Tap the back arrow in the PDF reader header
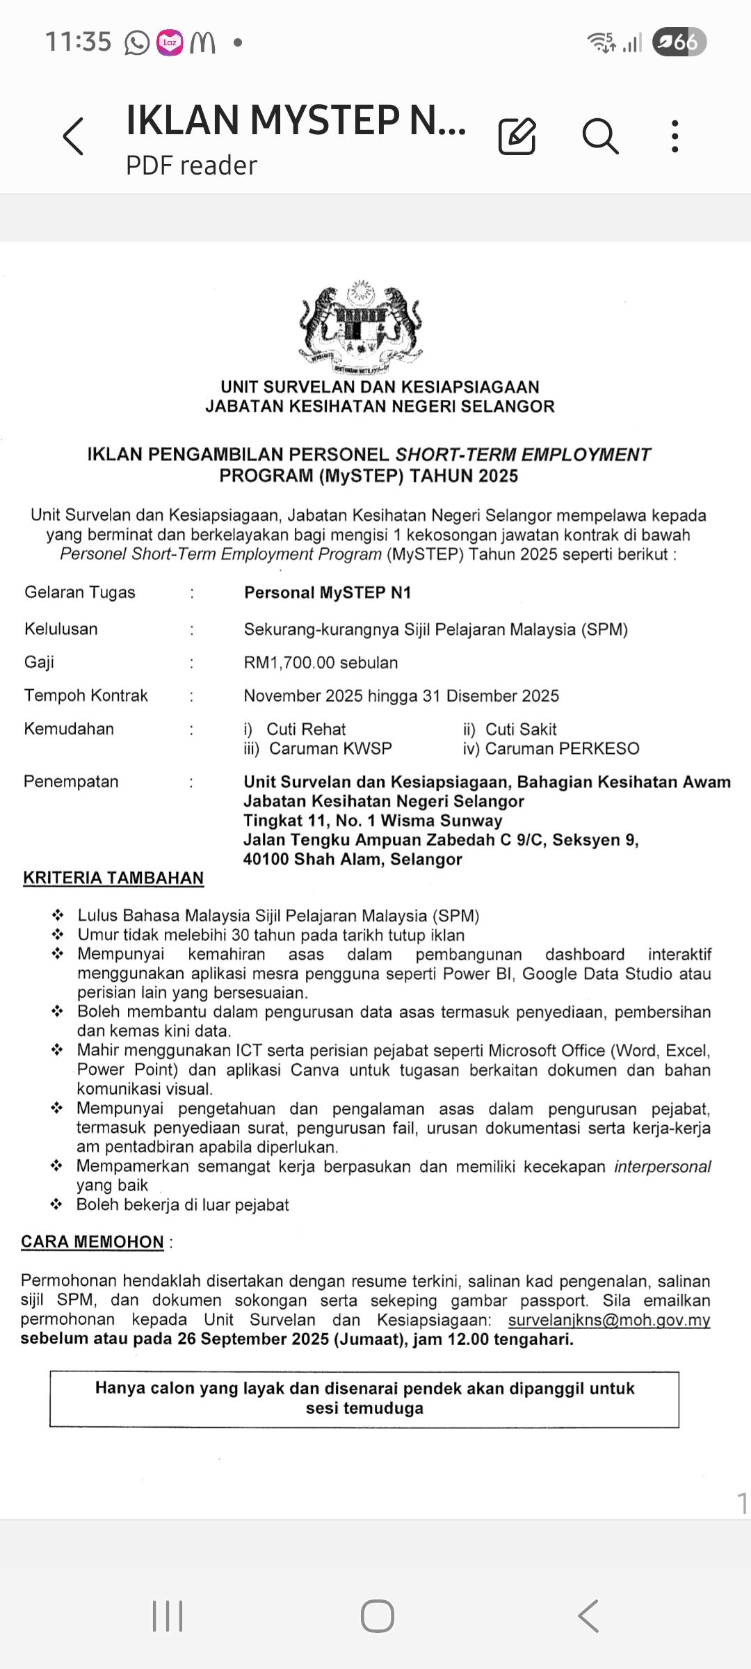click(x=74, y=136)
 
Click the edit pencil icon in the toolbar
click(x=517, y=136)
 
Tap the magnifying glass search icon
click(x=600, y=136)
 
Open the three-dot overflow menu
click(x=675, y=136)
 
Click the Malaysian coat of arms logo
click(x=361, y=327)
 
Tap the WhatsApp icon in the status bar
click(x=136, y=43)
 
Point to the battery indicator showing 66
click(x=679, y=42)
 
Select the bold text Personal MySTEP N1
click(x=328, y=592)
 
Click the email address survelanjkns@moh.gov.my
click(x=608, y=1320)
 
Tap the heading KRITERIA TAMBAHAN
click(x=113, y=878)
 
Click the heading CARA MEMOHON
click(x=92, y=1242)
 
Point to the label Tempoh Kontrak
click(x=86, y=695)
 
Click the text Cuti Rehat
click(x=306, y=729)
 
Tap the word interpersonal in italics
click(x=662, y=1166)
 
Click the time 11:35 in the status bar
click(x=79, y=42)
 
